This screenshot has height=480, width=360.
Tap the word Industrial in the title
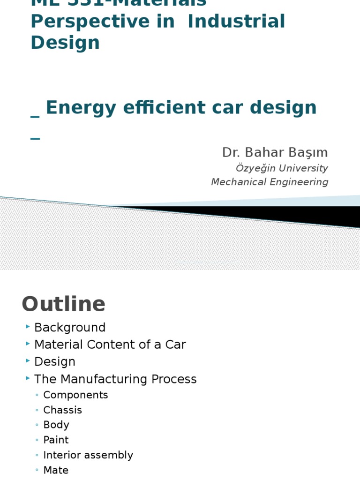coord(236,22)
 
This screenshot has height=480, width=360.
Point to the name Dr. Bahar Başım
coord(275,152)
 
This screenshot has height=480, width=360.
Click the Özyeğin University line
coord(281,168)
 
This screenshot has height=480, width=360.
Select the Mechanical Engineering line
coord(270,182)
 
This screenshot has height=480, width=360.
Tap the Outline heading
coord(64,304)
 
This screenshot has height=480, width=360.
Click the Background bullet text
coord(70,328)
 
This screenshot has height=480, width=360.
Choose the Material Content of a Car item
coord(110,345)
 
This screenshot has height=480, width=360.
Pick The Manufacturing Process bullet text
coord(115,379)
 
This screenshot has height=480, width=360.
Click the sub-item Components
coord(75,395)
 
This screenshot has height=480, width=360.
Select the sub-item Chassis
coord(62,410)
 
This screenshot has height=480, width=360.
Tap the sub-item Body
coord(56,425)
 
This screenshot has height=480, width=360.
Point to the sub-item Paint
coord(56,440)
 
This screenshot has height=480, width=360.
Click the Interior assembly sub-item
coord(88,455)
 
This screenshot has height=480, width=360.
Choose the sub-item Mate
coord(56,470)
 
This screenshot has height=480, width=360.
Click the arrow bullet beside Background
coord(28,326)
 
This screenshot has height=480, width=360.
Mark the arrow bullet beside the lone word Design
coord(28,360)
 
